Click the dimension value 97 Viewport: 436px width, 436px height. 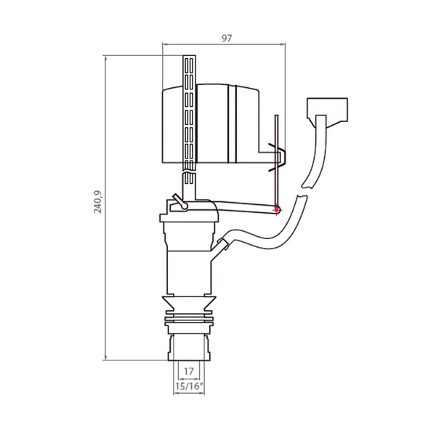coord(226,38)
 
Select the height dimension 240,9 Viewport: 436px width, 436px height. coord(97,202)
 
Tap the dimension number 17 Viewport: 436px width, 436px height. coord(188,371)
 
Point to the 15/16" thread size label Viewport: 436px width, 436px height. coord(189,387)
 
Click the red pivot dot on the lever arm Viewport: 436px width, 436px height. coord(277,209)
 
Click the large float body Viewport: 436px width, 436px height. coord(211,124)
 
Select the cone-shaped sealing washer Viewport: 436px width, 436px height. coord(189,304)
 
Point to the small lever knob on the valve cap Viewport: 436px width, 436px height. coord(179,201)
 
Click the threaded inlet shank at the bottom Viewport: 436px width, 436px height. coord(189,347)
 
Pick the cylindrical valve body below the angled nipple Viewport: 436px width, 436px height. coord(190,272)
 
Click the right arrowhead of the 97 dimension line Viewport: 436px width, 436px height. coord(283,44)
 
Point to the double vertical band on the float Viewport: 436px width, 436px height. coord(232,124)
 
